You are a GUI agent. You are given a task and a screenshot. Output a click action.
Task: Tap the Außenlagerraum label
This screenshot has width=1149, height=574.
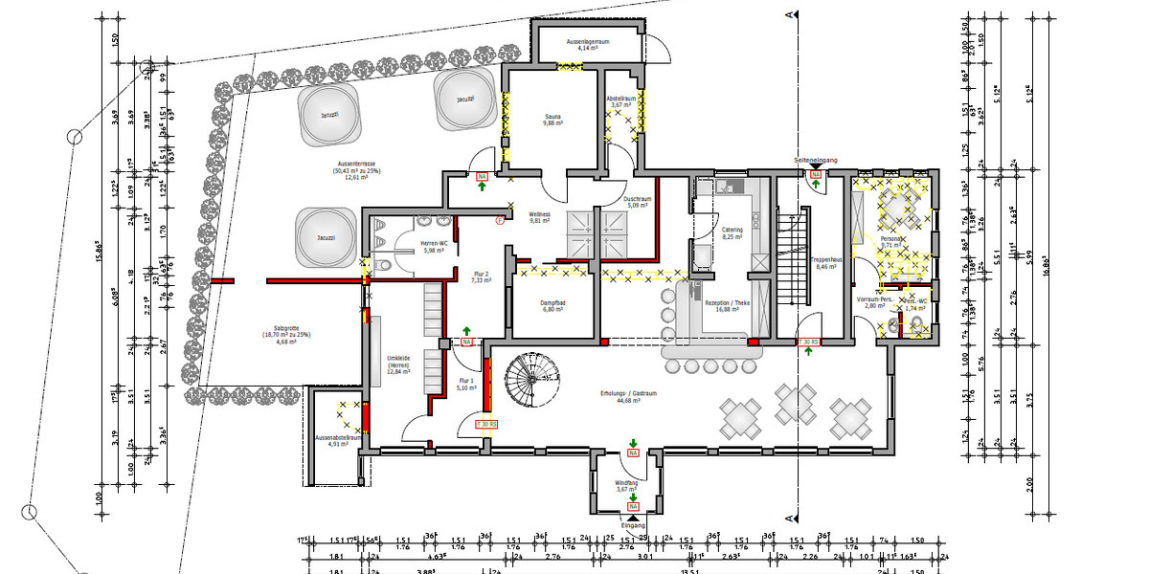588,42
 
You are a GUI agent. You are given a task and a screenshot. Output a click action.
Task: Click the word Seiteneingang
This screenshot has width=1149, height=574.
816,160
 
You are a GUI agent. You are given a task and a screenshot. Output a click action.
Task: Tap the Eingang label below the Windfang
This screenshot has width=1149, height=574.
633,525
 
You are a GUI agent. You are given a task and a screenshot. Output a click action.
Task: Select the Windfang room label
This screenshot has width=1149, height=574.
627,484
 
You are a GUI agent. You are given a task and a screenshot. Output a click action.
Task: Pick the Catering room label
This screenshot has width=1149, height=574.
732,230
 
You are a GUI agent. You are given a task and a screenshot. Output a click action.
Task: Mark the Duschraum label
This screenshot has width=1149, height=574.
639,199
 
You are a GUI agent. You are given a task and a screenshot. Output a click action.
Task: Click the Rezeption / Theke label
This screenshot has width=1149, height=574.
728,303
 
